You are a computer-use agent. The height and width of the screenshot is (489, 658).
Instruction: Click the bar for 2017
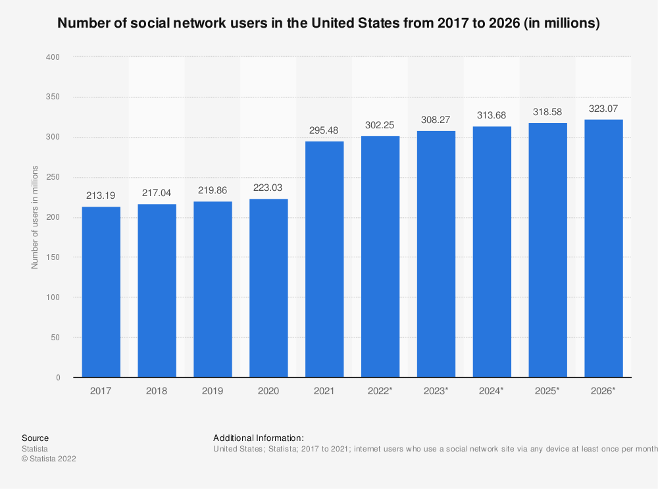101,292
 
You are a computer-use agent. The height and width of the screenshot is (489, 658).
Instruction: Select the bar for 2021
324,259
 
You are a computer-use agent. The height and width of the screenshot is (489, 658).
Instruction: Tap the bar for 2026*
603,248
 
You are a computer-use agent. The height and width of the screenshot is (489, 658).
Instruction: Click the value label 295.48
324,130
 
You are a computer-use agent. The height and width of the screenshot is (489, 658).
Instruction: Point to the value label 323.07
603,109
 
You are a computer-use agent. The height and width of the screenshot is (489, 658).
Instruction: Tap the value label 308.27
436,120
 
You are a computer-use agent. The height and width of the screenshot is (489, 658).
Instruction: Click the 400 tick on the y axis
53,57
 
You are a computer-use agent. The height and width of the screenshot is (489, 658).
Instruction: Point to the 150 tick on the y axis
53,257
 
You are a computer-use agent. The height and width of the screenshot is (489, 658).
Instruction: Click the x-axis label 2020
268,391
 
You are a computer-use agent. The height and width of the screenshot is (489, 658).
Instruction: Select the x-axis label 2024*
492,391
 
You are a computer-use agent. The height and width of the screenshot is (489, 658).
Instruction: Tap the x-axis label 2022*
380,391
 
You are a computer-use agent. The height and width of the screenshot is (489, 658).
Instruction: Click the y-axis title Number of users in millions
35,217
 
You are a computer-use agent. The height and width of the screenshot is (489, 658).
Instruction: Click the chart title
328,24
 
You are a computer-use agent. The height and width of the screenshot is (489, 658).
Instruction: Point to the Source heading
35,438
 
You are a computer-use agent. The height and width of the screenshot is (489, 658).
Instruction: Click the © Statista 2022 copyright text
49,459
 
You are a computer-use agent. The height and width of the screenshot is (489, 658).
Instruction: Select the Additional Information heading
259,438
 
